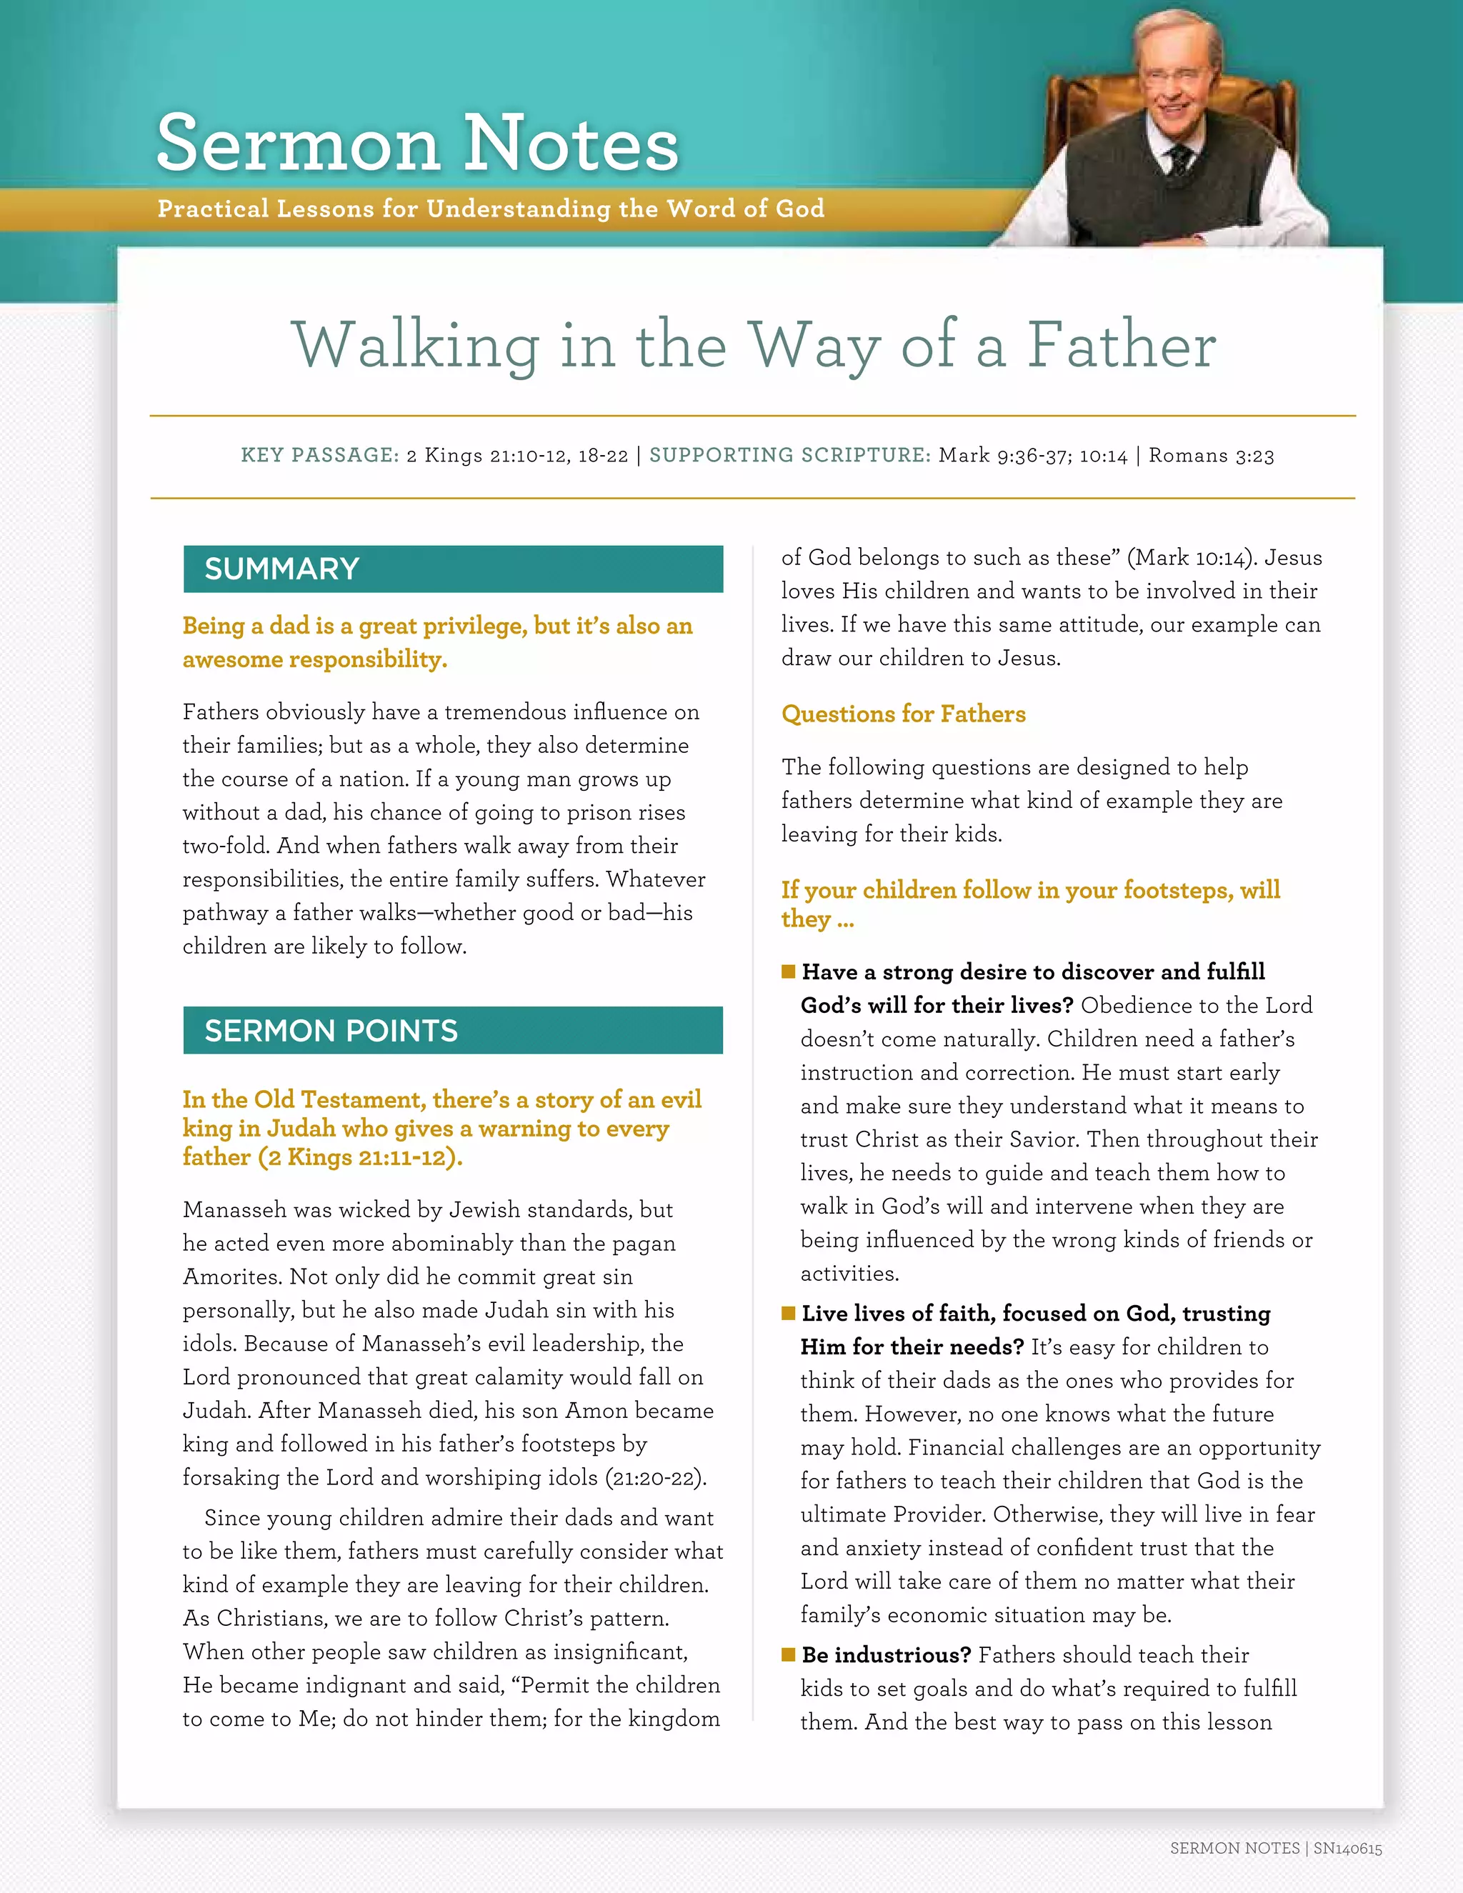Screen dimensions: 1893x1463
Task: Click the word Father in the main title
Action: tap(1122, 345)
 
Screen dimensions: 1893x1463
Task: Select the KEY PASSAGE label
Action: tap(319, 455)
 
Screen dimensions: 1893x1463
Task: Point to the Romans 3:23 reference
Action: tap(1211, 456)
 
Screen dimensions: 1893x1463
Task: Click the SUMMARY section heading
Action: tap(281, 569)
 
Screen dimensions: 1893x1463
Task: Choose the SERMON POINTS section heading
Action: tap(330, 1031)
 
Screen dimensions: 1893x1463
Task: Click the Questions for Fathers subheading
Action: tap(903, 714)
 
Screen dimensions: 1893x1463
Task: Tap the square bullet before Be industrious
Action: tap(788, 1654)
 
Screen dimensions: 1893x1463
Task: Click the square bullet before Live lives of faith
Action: tap(788, 1313)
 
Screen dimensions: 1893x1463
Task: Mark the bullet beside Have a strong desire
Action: tap(788, 972)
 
